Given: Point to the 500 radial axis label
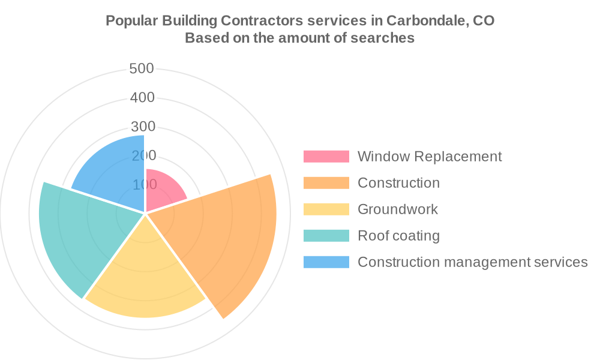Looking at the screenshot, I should (x=142, y=68).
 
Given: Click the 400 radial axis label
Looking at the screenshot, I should (x=142, y=97).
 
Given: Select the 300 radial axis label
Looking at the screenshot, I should (x=142, y=127).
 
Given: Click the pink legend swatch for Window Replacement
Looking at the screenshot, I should (x=326, y=157).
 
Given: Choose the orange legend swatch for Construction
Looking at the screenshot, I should (x=326, y=183).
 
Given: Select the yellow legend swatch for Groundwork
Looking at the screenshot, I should (x=326, y=209).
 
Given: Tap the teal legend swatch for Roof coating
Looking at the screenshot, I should (x=326, y=236).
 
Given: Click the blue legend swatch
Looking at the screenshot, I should (x=326, y=262).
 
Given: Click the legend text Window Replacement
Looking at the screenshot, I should (x=430, y=157).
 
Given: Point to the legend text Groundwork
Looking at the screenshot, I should (x=398, y=209).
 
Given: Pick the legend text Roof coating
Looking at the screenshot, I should (x=399, y=236).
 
